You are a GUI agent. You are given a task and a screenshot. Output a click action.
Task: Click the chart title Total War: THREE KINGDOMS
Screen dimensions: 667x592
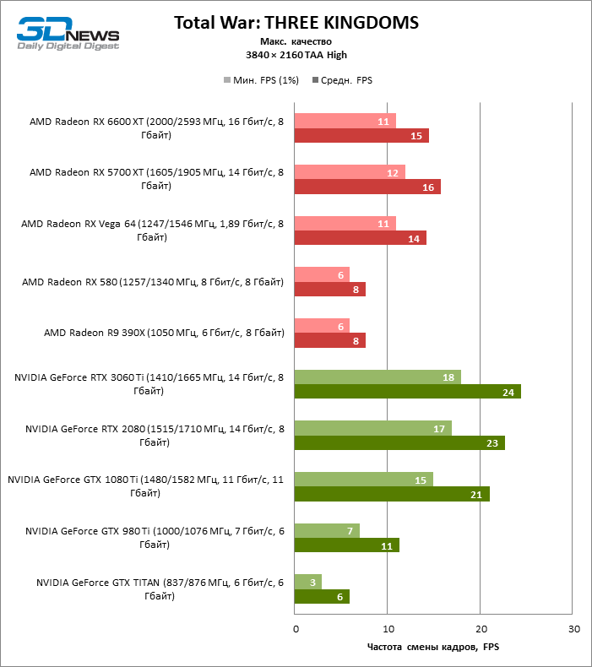[296, 22]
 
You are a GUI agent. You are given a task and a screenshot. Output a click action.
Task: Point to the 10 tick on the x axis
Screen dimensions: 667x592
[388, 629]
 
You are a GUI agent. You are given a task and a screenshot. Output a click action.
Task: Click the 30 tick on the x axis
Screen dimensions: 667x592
[573, 629]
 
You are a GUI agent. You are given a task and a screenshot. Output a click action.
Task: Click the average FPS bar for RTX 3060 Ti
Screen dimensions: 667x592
[407, 391]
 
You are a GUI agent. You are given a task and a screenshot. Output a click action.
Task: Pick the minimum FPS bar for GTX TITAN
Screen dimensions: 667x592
[308, 582]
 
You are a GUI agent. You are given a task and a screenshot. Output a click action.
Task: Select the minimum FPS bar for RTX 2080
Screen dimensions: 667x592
[372, 428]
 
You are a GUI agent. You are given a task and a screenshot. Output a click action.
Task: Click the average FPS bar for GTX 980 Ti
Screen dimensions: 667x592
[346, 545]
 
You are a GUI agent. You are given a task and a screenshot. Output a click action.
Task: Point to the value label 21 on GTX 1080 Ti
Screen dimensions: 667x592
[475, 494]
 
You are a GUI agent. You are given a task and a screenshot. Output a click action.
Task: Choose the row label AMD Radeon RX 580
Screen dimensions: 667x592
[153, 281]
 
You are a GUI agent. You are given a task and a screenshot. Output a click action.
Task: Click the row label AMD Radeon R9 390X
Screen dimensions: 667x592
[164, 333]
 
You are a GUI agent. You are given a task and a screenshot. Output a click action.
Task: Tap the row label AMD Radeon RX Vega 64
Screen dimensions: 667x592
[152, 230]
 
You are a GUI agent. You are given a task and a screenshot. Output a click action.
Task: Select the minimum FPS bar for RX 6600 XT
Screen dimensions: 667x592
[345, 121]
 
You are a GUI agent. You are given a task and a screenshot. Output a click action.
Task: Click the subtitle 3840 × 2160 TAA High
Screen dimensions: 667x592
[296, 55]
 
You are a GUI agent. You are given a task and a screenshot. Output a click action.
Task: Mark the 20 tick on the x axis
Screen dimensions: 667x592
[481, 629]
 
